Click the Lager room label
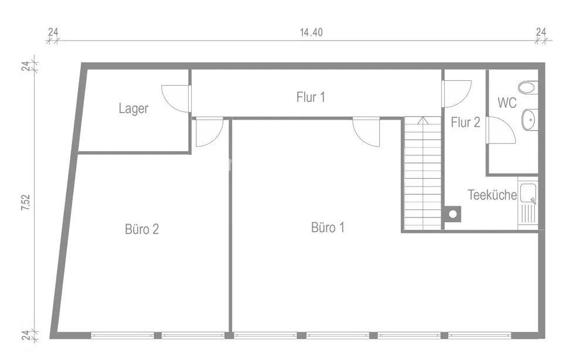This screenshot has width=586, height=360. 134,108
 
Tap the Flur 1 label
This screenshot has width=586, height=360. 311,97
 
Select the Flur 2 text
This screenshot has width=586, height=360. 465,122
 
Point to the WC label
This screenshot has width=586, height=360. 507,103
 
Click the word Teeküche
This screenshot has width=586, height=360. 492,195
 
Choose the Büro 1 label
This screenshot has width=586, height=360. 328,227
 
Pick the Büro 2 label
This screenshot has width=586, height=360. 142,229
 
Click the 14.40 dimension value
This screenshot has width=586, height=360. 311,32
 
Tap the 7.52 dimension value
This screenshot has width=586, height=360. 25,202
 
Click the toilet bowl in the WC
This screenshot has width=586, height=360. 528,88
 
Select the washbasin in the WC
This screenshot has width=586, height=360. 530,120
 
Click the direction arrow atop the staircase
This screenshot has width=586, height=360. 423,120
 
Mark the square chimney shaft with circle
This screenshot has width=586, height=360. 452,214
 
